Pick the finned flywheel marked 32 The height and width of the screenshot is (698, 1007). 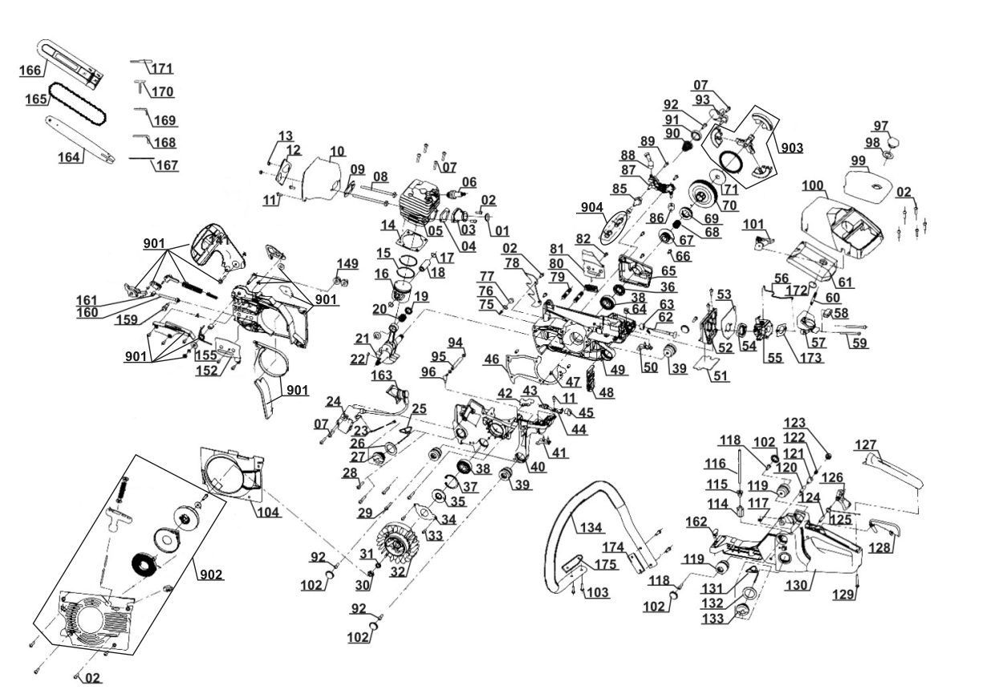click(394, 546)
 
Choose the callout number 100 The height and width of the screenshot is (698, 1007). click(813, 186)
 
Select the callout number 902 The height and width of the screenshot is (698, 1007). click(211, 574)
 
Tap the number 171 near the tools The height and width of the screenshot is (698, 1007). click(163, 69)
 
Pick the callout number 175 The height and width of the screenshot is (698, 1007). click(605, 565)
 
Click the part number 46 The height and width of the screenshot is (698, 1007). click(491, 361)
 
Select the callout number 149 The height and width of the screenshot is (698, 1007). click(347, 264)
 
